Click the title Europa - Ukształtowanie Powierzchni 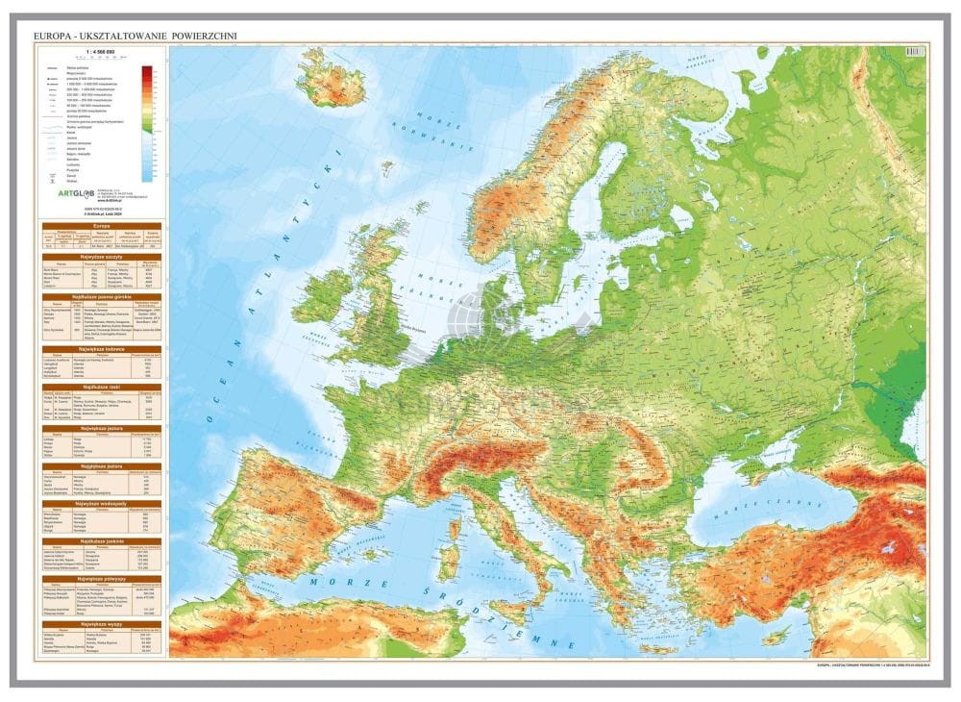135,36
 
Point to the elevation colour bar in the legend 147,122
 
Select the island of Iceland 333,78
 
